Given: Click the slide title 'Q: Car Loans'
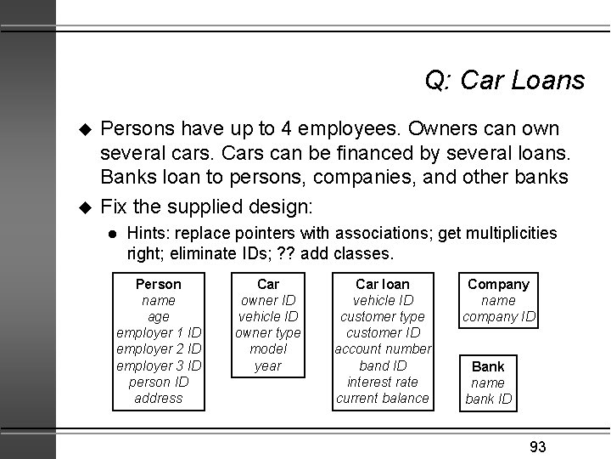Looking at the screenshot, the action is (504, 80).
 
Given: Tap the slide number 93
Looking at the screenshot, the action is (536, 447).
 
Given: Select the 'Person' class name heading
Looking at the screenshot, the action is (159, 284).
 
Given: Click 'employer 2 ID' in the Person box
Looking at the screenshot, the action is (159, 349).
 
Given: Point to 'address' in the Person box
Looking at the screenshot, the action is (159, 398).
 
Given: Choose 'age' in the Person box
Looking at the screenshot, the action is (159, 316).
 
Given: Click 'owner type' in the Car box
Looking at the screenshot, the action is (268, 332).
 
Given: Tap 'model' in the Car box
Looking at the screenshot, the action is (268, 348).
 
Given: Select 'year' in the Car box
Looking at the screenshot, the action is (268, 365).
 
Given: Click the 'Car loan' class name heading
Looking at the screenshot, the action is (382, 284).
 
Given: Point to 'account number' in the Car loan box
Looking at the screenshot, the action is (383, 349).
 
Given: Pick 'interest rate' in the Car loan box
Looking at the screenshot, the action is (383, 382).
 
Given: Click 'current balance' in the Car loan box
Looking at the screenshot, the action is (383, 398).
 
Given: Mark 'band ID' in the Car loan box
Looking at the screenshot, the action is (383, 365).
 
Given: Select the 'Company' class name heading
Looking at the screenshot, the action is (498, 284).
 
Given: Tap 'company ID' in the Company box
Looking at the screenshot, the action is (498, 317).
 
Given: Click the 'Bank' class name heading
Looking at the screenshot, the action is (488, 366).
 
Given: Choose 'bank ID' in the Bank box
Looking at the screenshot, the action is (488, 399).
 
